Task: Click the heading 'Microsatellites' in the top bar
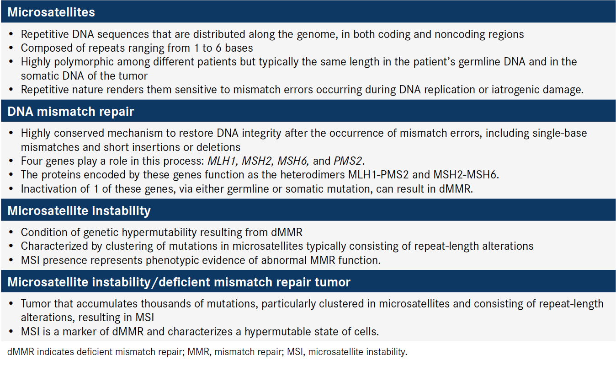(x=51, y=12)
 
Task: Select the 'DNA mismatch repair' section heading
(x=71, y=112)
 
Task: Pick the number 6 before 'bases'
(x=218, y=48)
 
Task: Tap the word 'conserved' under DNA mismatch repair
(x=80, y=133)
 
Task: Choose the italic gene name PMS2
(x=348, y=161)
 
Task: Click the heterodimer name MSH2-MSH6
(x=465, y=175)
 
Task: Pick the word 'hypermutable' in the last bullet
(x=277, y=332)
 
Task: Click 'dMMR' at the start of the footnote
(x=21, y=352)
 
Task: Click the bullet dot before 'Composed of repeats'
(x=11, y=48)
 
